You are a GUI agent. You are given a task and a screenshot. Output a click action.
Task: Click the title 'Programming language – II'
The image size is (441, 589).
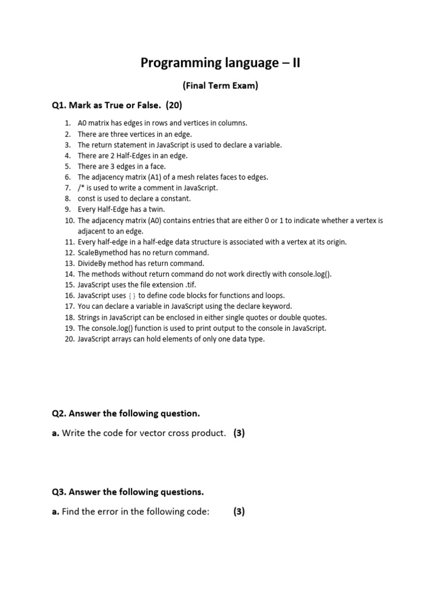pos(220,63)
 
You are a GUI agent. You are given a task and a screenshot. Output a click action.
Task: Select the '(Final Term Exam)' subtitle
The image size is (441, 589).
pos(220,86)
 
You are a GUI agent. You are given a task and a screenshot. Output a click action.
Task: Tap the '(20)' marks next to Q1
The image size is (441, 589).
pos(173,105)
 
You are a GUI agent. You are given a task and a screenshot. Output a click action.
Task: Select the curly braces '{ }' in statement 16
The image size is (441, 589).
pos(131,296)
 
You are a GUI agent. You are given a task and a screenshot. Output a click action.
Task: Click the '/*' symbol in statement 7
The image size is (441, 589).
pos(81,188)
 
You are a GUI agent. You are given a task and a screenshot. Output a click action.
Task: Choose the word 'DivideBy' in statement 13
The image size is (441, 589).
pos(92,263)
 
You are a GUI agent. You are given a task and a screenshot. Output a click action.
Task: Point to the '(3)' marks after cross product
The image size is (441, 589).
pos(239,433)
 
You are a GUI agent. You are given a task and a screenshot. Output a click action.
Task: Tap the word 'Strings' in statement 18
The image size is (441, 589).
pos(89,318)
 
